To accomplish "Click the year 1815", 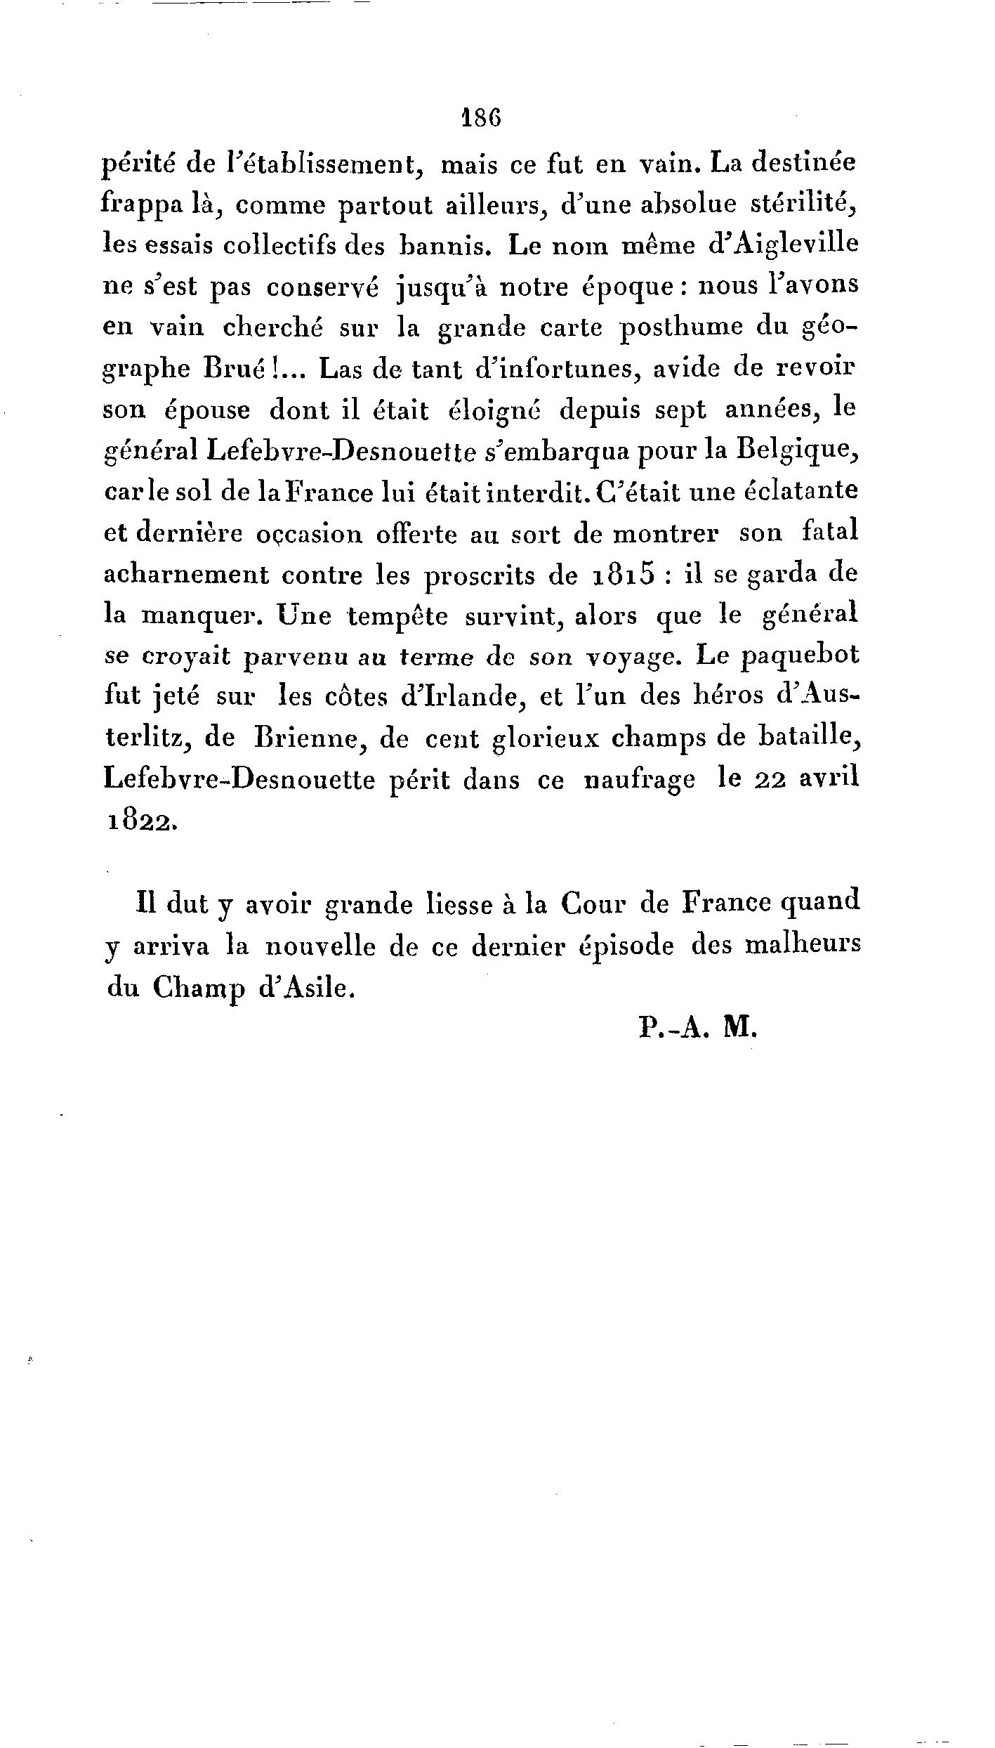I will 624,575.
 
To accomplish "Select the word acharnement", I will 186,575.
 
